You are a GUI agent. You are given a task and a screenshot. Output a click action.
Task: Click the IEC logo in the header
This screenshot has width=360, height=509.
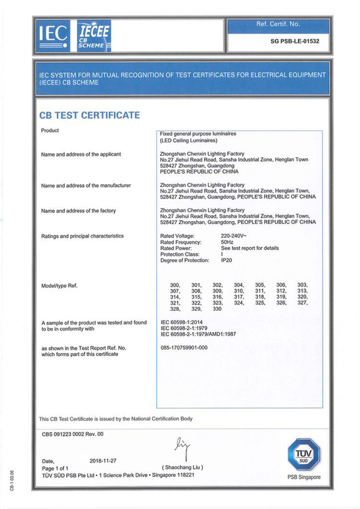click(53, 34)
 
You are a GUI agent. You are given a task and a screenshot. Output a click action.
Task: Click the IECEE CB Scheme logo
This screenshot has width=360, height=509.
click(92, 35)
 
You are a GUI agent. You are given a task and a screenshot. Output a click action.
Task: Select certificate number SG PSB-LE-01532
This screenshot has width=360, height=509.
click(294, 41)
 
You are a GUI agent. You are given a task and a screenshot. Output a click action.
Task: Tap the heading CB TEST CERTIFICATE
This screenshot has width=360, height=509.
click(89, 115)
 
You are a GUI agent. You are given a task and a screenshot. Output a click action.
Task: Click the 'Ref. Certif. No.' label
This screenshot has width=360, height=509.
click(278, 24)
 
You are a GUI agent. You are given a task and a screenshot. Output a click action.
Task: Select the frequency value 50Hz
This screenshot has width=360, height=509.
click(228, 242)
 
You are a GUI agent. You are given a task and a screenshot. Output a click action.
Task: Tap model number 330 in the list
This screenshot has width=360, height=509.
click(217, 309)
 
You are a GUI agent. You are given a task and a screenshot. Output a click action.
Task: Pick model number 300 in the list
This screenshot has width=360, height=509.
click(175, 285)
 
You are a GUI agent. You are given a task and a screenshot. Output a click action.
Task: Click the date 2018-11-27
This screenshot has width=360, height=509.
click(103, 461)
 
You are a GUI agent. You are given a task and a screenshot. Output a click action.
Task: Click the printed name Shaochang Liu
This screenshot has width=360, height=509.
click(183, 467)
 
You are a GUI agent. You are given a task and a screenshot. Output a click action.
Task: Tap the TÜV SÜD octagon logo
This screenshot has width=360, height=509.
click(304, 454)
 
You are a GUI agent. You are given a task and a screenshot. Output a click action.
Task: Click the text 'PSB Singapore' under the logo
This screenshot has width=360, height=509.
click(304, 477)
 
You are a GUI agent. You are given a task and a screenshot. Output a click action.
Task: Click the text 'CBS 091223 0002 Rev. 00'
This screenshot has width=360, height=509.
click(72, 434)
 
